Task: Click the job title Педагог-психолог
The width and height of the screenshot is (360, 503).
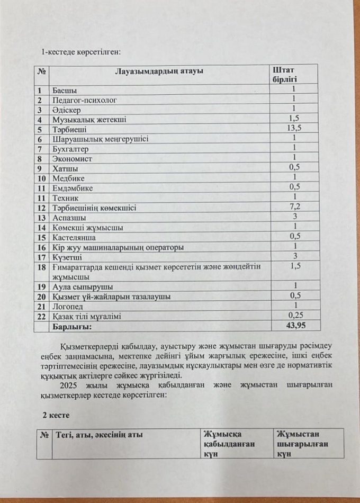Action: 84,100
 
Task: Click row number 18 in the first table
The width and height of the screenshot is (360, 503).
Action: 42,268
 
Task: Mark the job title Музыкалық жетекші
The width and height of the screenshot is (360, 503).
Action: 89,120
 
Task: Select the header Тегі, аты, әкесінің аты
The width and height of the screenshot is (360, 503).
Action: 98,435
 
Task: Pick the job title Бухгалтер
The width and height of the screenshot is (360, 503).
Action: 73,148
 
